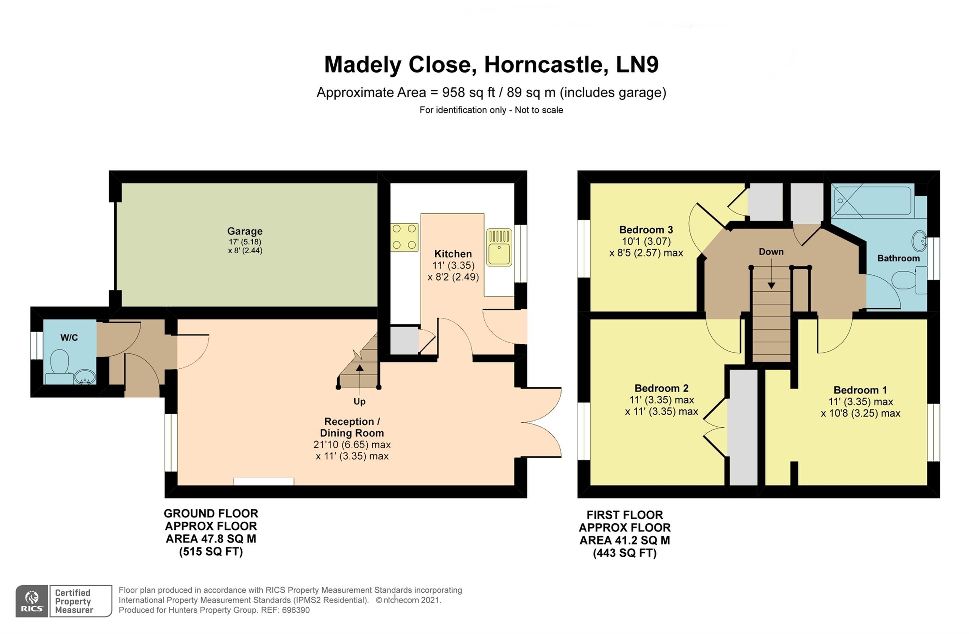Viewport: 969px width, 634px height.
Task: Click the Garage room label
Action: [245, 231]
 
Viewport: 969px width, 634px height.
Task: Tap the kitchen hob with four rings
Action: [404, 237]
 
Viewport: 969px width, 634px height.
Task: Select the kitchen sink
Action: [499, 247]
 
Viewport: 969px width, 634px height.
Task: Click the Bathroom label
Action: [898, 258]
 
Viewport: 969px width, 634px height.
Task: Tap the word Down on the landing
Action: [771, 252]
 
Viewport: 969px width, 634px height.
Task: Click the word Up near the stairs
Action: [359, 401]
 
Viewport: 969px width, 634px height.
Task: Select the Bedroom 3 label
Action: [646, 230]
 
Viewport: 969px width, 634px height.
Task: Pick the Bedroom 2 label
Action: [661, 388]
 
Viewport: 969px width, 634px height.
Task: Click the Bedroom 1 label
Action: [860, 390]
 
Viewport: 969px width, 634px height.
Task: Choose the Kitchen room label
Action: [453, 254]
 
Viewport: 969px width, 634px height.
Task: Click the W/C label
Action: [69, 337]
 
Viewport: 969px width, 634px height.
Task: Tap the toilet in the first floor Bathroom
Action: [909, 280]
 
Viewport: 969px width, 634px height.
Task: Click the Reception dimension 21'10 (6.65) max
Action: [352, 445]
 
